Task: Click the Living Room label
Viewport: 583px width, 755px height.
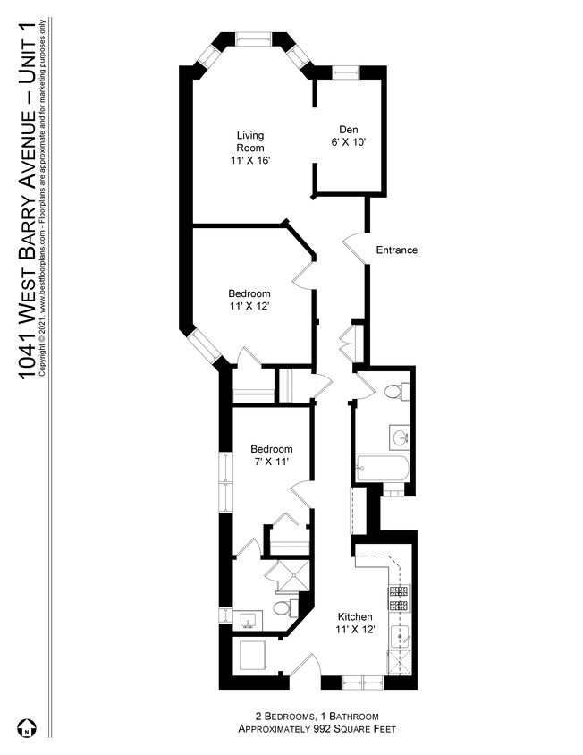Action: pos(249,148)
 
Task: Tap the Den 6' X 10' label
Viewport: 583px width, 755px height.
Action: pos(349,136)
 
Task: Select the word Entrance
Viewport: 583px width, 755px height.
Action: pos(397,250)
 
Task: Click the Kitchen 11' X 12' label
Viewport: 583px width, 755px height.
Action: pos(355,624)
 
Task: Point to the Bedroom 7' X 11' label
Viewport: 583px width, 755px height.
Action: pos(271,455)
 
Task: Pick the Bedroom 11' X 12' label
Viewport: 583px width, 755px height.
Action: pos(249,300)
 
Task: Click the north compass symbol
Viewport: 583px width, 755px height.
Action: pos(27,727)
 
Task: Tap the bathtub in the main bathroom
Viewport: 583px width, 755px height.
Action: pos(383,468)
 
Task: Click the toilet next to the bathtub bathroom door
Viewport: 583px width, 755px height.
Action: pos(397,391)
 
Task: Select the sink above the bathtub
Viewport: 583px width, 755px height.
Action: pos(399,437)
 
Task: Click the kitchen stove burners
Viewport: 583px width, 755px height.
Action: pos(399,598)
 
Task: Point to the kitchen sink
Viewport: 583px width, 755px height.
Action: pos(400,637)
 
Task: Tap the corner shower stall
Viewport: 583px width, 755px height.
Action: pos(287,576)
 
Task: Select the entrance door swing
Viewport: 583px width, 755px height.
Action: pos(354,249)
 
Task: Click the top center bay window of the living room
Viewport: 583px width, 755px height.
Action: pos(254,39)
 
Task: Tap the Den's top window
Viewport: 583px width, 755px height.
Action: pos(346,72)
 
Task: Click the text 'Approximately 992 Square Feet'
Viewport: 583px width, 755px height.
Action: pos(317,728)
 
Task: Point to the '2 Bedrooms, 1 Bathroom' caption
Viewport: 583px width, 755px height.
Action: pos(317,716)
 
